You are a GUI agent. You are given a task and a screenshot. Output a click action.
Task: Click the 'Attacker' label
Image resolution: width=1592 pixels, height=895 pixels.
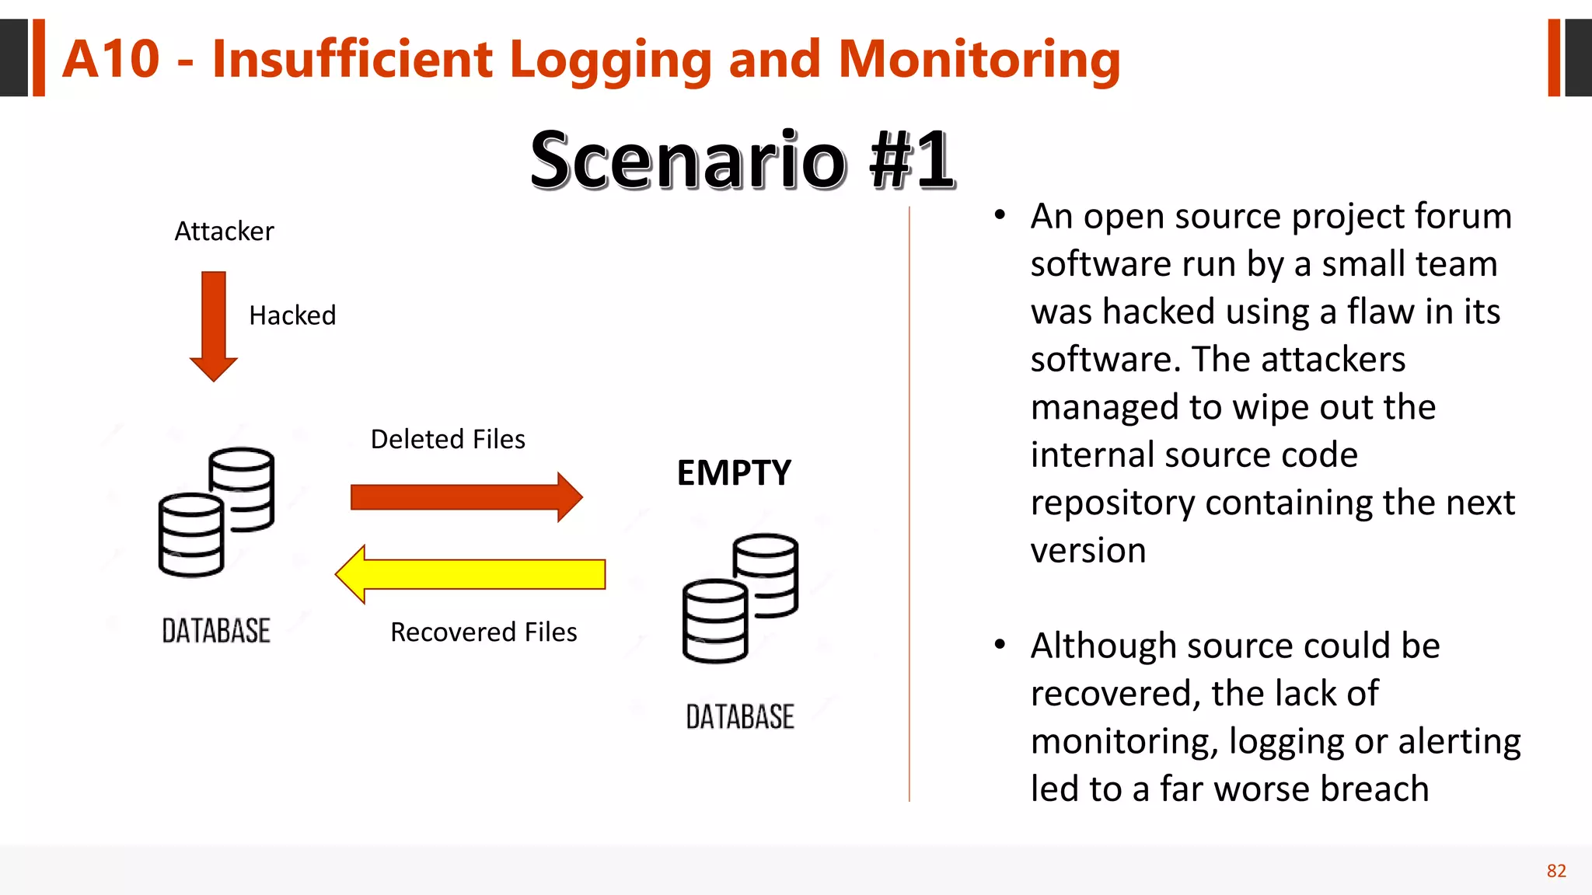[x=224, y=232]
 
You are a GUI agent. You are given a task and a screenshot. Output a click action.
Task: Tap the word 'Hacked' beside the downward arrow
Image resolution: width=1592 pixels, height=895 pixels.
[x=292, y=315]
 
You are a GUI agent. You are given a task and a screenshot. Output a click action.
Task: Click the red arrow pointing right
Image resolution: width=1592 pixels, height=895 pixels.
[x=466, y=496]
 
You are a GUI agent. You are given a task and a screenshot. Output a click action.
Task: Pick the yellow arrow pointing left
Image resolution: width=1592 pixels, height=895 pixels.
[x=470, y=574]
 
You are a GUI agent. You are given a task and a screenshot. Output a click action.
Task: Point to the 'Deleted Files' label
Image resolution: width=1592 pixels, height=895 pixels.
[x=448, y=440]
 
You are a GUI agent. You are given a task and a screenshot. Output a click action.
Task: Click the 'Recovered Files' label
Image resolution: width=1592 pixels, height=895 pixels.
[x=484, y=632]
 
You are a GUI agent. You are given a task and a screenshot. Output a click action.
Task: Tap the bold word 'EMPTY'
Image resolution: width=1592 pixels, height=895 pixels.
[x=734, y=473]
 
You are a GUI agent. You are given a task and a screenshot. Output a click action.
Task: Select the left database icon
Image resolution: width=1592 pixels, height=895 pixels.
[x=217, y=513]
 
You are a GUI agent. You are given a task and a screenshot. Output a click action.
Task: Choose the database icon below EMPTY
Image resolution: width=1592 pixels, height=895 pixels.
[x=740, y=598]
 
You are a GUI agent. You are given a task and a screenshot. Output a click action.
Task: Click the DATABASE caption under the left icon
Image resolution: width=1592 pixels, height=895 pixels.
[x=216, y=631]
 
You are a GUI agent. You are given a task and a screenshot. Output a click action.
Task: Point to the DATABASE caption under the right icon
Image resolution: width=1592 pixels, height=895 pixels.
[x=740, y=717]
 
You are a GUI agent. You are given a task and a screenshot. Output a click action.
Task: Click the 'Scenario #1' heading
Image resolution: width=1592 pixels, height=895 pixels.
[x=742, y=160]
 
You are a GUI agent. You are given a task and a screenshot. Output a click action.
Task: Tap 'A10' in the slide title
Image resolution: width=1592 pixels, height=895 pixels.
[x=111, y=59]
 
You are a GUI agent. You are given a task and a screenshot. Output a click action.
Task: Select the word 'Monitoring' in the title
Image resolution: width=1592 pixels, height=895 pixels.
[x=979, y=59]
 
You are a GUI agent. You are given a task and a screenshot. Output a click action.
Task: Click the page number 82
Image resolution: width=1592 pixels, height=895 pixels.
[x=1556, y=871]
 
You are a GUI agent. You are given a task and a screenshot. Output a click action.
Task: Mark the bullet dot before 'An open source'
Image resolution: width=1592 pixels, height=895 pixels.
[x=1000, y=215]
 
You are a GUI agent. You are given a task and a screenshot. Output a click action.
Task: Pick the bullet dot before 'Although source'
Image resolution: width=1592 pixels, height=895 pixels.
[x=1000, y=645]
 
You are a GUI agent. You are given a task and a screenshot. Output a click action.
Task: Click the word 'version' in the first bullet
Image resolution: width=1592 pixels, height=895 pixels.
[x=1088, y=551]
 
